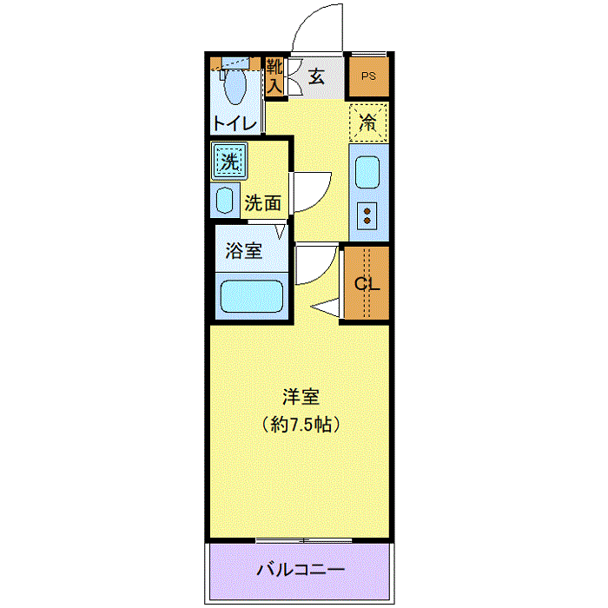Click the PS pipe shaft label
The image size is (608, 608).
pyautogui.click(x=368, y=76)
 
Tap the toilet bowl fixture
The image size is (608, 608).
pyautogui.click(x=235, y=86)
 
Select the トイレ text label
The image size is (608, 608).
pyautogui.click(x=235, y=123)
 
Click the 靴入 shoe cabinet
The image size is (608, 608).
pyautogui.click(x=275, y=76)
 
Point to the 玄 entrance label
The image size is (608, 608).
pyautogui.click(x=316, y=76)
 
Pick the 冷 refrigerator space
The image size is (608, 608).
pyautogui.click(x=368, y=122)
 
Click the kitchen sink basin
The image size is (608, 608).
pyautogui.click(x=367, y=172)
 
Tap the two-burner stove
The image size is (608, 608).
pyautogui.click(x=367, y=216)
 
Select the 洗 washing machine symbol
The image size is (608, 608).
pyautogui.click(x=229, y=161)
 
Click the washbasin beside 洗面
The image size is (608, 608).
pyautogui.click(x=224, y=200)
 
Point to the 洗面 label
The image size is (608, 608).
pyautogui.click(x=263, y=202)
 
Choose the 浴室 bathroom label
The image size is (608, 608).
pyautogui.click(x=244, y=250)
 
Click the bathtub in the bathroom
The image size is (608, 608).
pyautogui.click(x=251, y=296)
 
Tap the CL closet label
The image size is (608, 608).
pyautogui.click(x=367, y=284)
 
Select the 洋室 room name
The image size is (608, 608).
pyautogui.click(x=301, y=397)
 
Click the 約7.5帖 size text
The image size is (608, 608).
pyautogui.click(x=301, y=425)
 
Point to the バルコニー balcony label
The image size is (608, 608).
pyautogui.click(x=301, y=570)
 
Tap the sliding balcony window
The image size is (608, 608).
pyautogui.click(x=304, y=539)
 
